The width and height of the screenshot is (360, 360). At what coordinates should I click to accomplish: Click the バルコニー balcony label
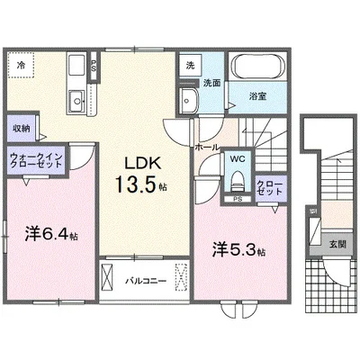click(x=144, y=281)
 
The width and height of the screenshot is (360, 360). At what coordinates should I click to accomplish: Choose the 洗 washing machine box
click(x=190, y=67)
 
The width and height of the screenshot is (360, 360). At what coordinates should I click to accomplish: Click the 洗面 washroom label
click(x=211, y=83)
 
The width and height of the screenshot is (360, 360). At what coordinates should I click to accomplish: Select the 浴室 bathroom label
click(x=258, y=93)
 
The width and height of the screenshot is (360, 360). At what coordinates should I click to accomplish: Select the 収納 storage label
click(x=21, y=127)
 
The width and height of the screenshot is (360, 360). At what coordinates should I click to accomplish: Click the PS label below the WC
click(x=238, y=198)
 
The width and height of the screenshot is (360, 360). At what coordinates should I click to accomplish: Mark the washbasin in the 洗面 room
click(x=190, y=98)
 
